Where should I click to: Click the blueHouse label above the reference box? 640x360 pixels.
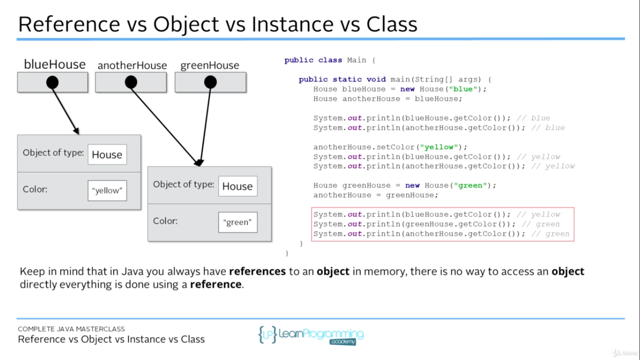(55, 65)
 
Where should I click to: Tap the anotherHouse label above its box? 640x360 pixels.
(132, 66)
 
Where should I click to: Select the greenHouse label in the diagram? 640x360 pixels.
(210, 66)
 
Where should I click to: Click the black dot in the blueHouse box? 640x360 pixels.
(52, 83)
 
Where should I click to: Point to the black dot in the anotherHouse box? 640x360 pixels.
(131, 82)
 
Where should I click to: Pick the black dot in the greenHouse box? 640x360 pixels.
(211, 82)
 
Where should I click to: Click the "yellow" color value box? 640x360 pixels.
(107, 190)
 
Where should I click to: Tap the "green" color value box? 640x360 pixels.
(238, 222)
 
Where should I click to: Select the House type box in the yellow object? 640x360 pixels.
(107, 155)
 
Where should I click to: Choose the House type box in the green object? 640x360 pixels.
(238, 186)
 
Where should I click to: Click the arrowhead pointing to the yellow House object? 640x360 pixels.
(75, 131)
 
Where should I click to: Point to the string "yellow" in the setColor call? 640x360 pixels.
(439, 147)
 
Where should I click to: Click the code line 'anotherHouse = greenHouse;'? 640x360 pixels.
(376, 195)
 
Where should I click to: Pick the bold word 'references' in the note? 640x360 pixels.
(257, 271)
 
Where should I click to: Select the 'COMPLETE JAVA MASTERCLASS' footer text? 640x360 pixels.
(71, 329)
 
